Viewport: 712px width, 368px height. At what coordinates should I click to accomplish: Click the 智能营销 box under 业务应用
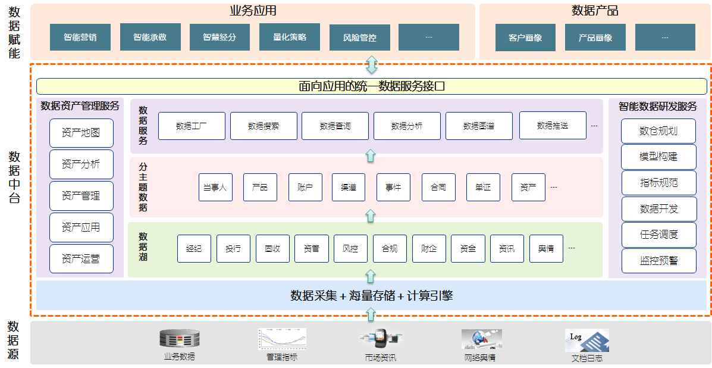pyautogui.click(x=80, y=38)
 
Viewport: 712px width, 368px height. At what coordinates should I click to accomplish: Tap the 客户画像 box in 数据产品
pyautogui.click(x=525, y=38)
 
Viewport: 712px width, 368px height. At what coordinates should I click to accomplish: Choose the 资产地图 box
pyautogui.click(x=81, y=133)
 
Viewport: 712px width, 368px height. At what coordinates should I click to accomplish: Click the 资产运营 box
pyautogui.click(x=81, y=259)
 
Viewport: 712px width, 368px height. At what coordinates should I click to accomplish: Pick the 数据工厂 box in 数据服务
pyautogui.click(x=192, y=126)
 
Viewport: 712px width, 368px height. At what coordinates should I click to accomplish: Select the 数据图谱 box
pyautogui.click(x=478, y=126)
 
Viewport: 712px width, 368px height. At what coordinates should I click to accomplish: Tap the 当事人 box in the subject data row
pyautogui.click(x=215, y=187)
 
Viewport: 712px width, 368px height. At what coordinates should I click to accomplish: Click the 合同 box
pyautogui.click(x=438, y=187)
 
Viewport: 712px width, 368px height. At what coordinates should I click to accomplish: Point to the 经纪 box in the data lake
pyautogui.click(x=194, y=249)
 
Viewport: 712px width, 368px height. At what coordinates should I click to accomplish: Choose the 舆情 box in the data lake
pyautogui.click(x=546, y=249)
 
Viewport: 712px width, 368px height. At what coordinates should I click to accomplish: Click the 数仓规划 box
pyautogui.click(x=658, y=131)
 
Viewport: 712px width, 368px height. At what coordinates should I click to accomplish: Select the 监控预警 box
pyautogui.click(x=658, y=261)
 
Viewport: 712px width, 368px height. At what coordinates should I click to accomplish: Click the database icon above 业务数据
pyautogui.click(x=179, y=339)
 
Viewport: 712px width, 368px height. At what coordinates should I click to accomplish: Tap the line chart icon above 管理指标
pyautogui.click(x=282, y=338)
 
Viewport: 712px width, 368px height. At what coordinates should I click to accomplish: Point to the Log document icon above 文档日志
pyautogui.click(x=586, y=341)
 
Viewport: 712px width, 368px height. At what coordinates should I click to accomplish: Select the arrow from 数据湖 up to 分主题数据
pyautogui.click(x=371, y=216)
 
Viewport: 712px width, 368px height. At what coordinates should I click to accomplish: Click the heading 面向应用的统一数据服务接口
pyautogui.click(x=372, y=86)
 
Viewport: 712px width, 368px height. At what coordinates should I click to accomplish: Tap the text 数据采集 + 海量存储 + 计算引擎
pyautogui.click(x=372, y=295)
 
